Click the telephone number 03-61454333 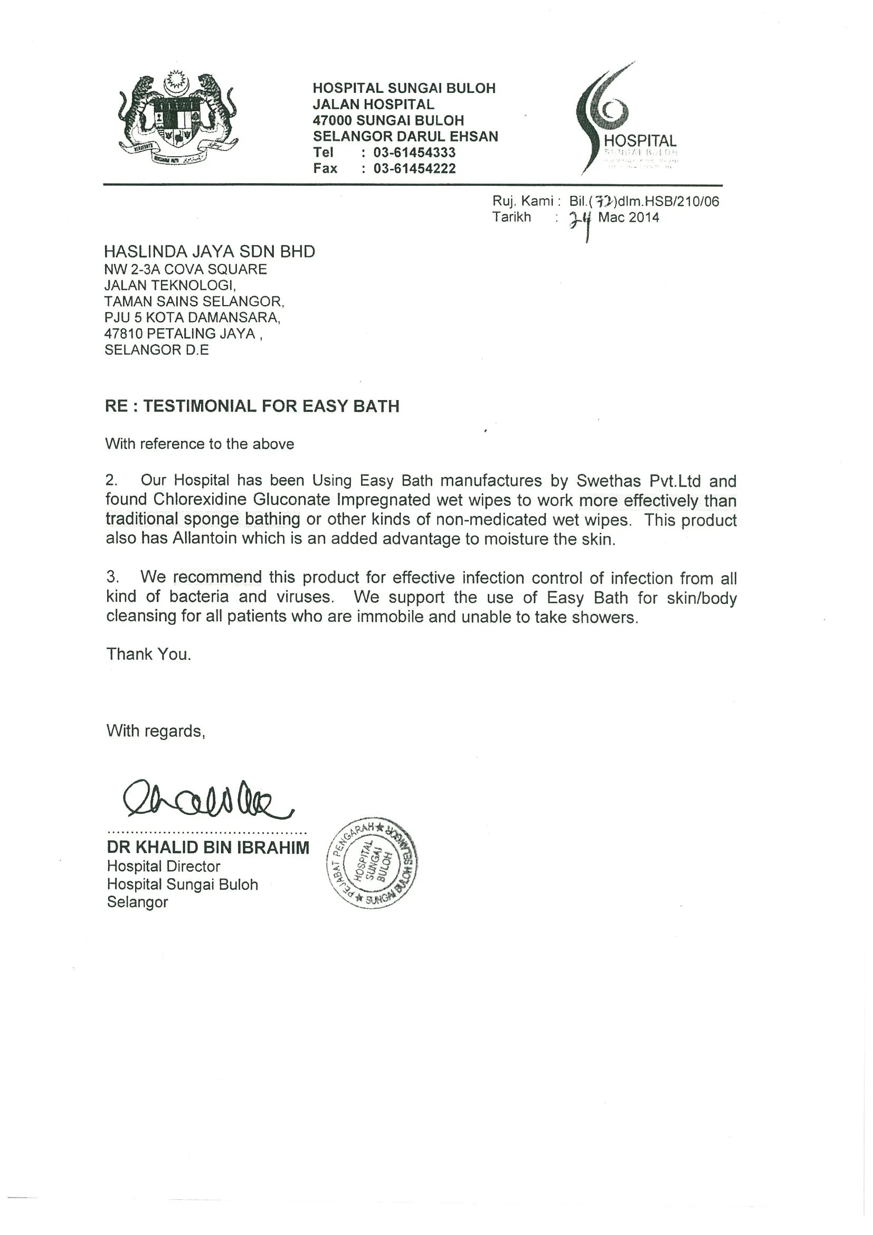pyautogui.click(x=414, y=153)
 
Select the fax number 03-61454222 pyautogui.click(x=414, y=169)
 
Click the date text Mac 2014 pyautogui.click(x=628, y=218)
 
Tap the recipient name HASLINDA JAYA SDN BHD pyautogui.click(x=209, y=252)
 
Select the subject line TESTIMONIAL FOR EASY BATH pyautogui.click(x=271, y=406)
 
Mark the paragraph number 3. pyautogui.click(x=112, y=577)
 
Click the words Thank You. pyautogui.click(x=148, y=654)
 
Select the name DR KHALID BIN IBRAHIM pyautogui.click(x=208, y=848)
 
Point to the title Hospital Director pyautogui.click(x=164, y=867)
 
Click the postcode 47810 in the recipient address pyautogui.click(x=123, y=334)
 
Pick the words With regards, pyautogui.click(x=156, y=731)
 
